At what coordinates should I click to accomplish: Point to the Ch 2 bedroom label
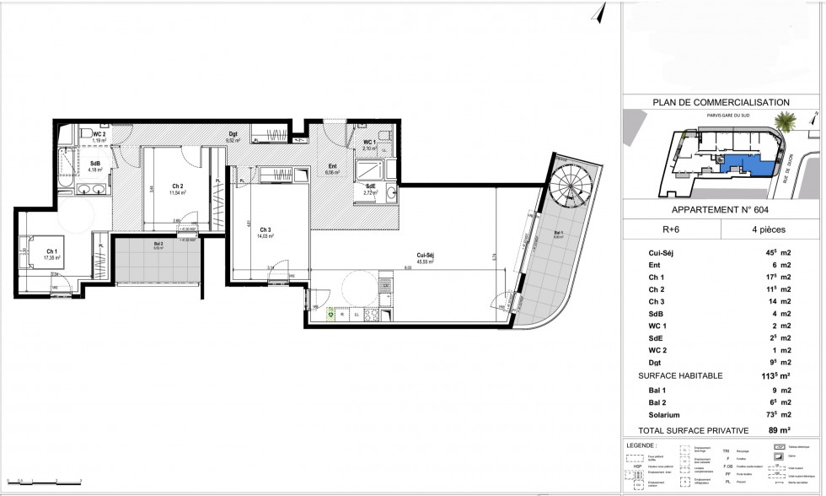179,188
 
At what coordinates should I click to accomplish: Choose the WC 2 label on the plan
99,134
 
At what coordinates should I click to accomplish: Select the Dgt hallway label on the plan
233,133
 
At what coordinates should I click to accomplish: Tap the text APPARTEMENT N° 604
719,211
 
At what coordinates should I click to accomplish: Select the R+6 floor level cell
672,229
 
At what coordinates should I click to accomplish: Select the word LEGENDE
643,444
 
